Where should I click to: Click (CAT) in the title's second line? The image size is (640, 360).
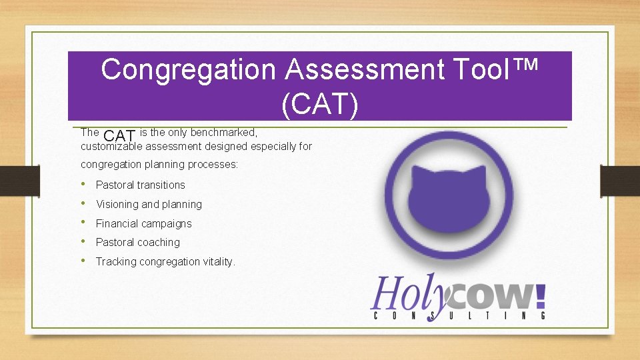pyautogui.click(x=320, y=104)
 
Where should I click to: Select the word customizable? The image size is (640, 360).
pyautogui.click(x=111, y=147)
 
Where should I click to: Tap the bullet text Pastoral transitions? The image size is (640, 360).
pyautogui.click(x=141, y=185)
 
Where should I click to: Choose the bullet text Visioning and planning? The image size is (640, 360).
pyautogui.click(x=149, y=204)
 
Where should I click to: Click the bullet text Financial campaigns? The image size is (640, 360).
pyautogui.click(x=144, y=223)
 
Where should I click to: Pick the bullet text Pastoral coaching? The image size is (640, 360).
pyautogui.click(x=138, y=242)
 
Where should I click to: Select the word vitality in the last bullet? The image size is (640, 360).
pyautogui.click(x=218, y=261)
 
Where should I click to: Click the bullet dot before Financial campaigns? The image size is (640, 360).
pyautogui.click(x=83, y=223)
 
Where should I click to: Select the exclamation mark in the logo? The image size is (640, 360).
pyautogui.click(x=540, y=293)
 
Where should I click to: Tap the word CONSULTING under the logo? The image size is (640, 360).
pyautogui.click(x=459, y=315)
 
